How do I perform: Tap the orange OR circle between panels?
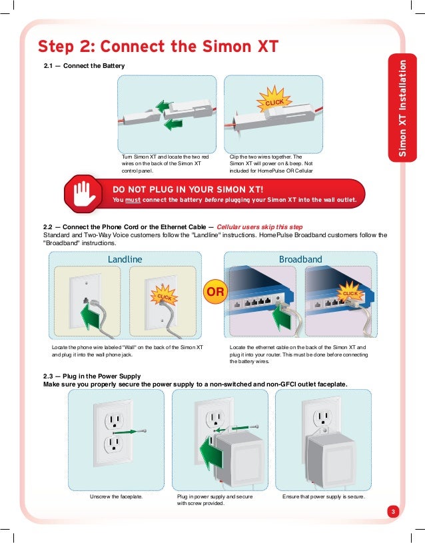click(x=214, y=292)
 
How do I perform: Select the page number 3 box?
click(x=393, y=512)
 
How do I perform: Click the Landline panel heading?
click(x=125, y=259)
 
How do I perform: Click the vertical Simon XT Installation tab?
click(x=402, y=109)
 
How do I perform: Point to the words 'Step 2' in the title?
click(x=64, y=46)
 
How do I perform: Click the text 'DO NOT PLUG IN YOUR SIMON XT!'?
click(x=192, y=189)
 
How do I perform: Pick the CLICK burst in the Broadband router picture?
click(x=350, y=293)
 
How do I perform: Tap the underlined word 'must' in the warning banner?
click(x=133, y=200)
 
